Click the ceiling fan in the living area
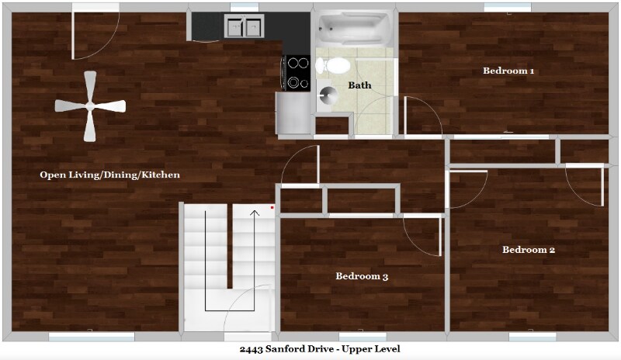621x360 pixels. [x=90, y=106]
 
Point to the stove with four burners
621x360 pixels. [x=298, y=73]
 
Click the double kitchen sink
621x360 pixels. [x=244, y=27]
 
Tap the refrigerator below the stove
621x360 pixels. [x=293, y=112]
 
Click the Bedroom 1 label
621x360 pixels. [x=508, y=71]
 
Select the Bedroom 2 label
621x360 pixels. [x=529, y=250]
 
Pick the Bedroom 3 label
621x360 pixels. [x=362, y=276]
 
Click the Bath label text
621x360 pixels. [x=359, y=85]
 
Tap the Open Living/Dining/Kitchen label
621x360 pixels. [x=109, y=175]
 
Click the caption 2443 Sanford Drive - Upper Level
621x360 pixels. [x=310, y=349]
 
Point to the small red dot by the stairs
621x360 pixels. [x=272, y=208]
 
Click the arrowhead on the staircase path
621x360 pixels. [x=255, y=209]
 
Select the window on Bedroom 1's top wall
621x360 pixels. [x=508, y=7]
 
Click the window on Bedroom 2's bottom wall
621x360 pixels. [x=533, y=337]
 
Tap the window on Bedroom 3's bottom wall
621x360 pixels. [x=363, y=337]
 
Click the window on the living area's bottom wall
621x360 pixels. [x=92, y=337]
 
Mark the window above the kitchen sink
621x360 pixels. [x=244, y=7]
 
